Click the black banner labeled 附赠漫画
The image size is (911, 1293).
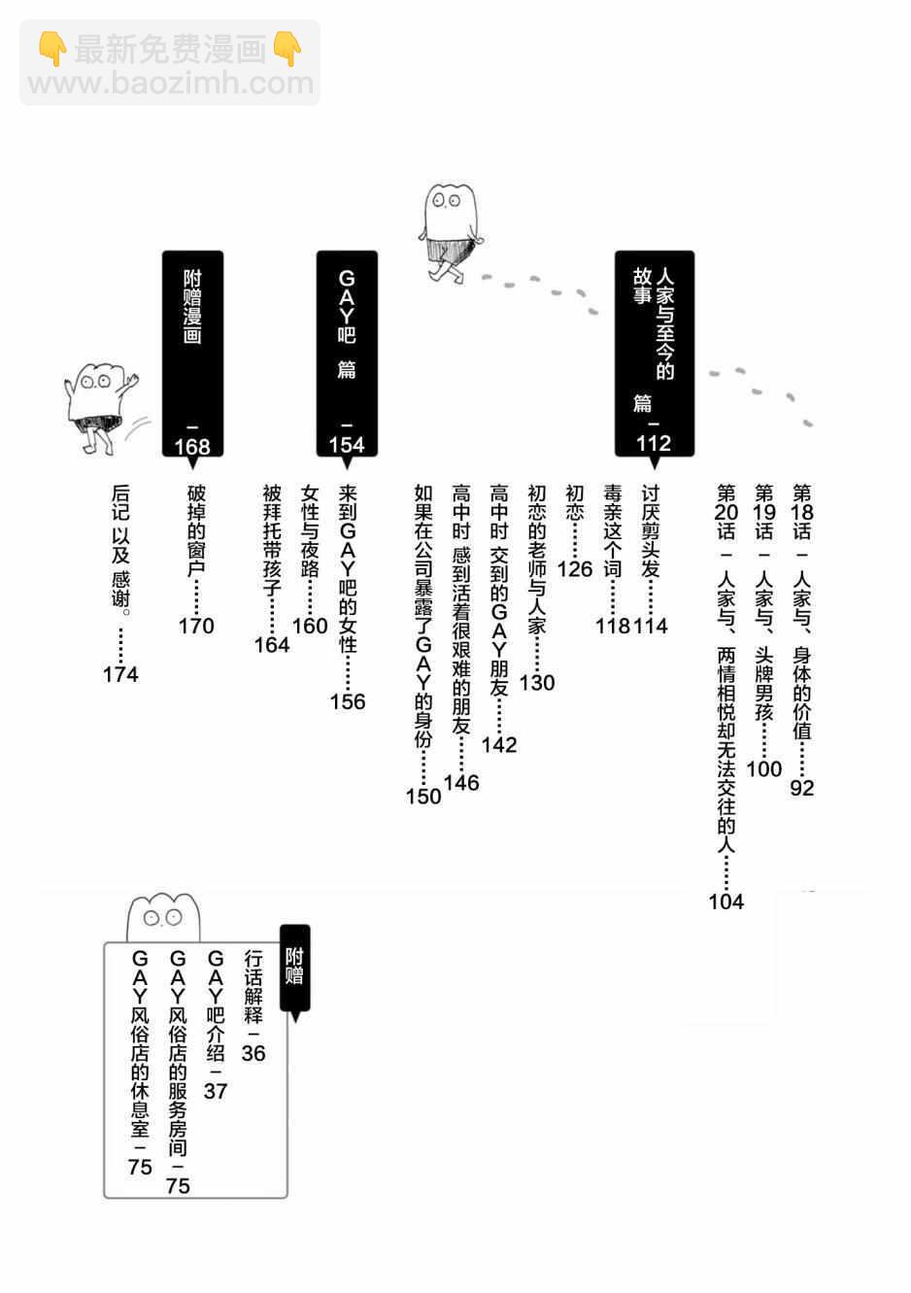coord(192,354)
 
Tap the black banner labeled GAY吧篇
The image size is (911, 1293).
coord(347,354)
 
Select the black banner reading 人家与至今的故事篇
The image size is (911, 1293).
coord(653,354)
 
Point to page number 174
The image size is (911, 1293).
coord(120,674)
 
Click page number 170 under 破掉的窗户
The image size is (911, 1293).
coord(196,626)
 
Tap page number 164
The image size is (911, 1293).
coord(271,645)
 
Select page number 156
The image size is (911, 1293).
coord(347,701)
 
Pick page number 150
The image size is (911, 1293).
coord(423,796)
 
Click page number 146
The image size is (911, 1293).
coord(461,782)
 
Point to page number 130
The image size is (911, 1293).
coord(536,683)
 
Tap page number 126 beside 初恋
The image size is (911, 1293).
coord(575,568)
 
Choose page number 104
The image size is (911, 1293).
coord(725,902)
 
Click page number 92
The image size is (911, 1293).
coord(801,788)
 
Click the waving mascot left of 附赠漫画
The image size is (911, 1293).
coord(99,407)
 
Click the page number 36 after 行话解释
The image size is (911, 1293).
coord(253,1053)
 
